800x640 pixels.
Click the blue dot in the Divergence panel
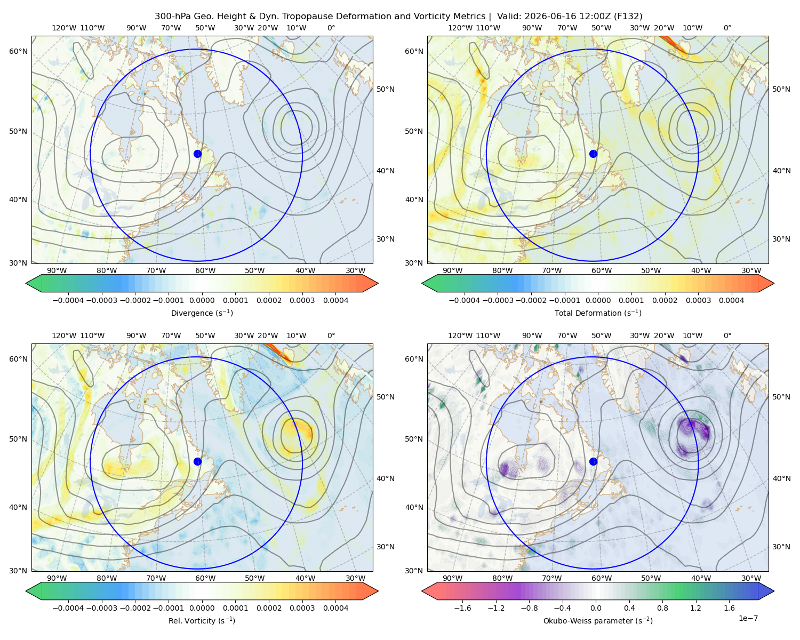(197, 154)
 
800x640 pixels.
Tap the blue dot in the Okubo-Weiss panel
(593, 461)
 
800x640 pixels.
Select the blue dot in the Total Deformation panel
(593, 154)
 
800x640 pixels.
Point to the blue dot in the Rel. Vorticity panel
(197, 461)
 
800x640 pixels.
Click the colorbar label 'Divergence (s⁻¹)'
(202, 313)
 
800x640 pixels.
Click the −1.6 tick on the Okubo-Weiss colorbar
(462, 607)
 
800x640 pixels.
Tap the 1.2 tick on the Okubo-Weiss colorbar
(695, 607)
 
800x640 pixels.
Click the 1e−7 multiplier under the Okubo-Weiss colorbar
(748, 618)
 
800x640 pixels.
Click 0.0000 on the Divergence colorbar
(202, 300)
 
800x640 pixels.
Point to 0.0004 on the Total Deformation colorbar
(731, 300)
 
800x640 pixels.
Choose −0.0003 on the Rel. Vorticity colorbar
(101, 607)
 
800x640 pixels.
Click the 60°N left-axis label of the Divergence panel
(18, 51)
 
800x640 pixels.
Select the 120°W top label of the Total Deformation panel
(460, 28)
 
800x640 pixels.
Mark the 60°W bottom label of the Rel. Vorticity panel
(205, 578)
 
